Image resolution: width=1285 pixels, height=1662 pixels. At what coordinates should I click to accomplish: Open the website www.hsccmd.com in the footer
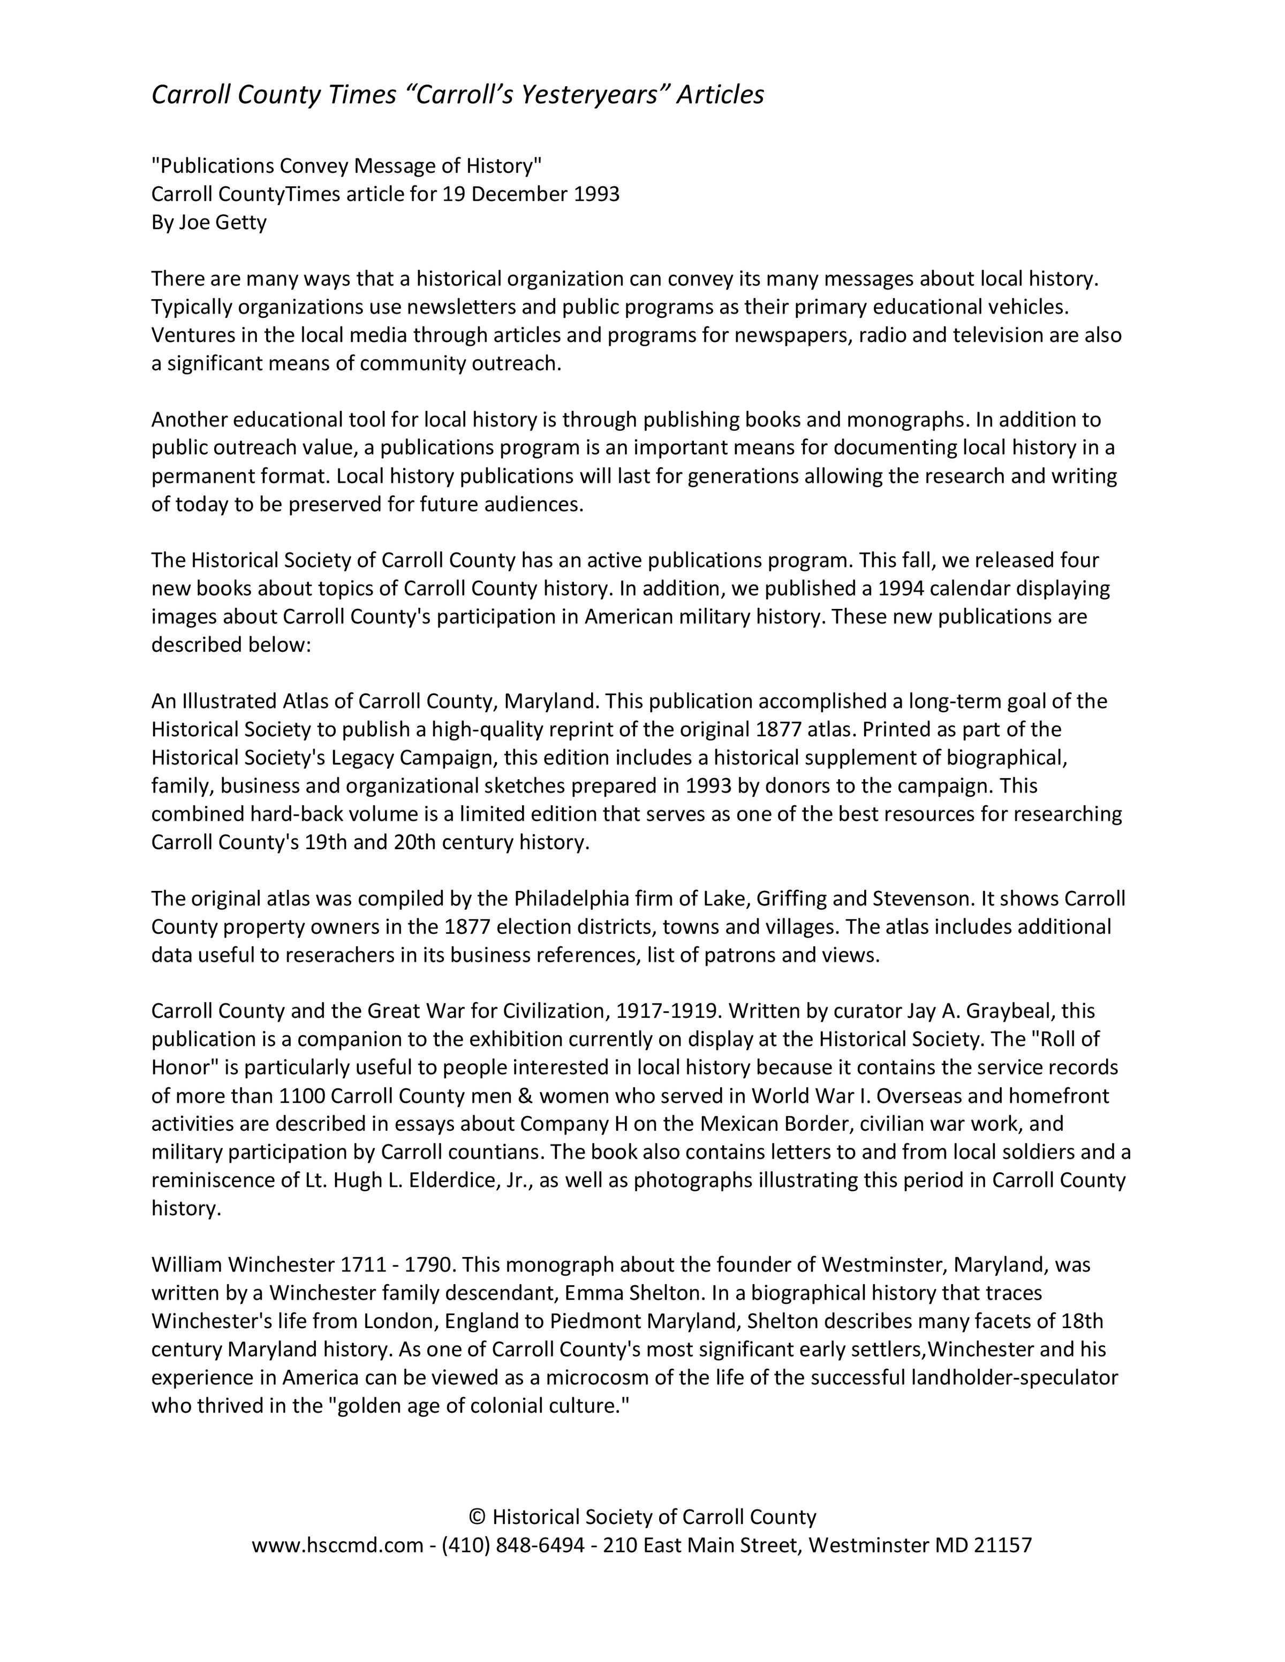click(337, 1545)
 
